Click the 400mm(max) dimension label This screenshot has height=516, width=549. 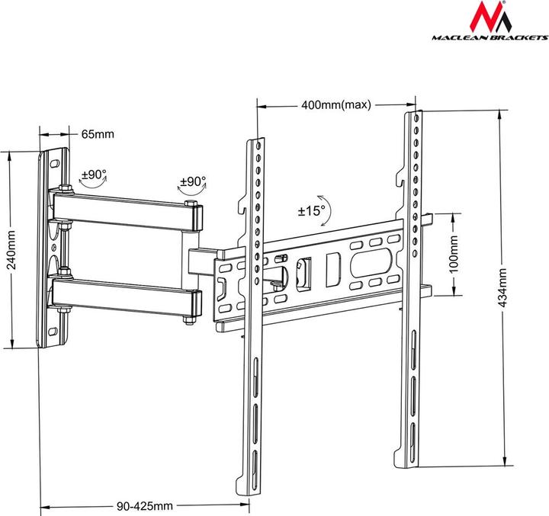(x=336, y=105)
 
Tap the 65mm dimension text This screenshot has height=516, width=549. (x=98, y=134)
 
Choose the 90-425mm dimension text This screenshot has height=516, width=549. (x=146, y=505)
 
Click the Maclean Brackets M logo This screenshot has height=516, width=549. (x=485, y=18)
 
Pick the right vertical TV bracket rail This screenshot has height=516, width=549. (x=412, y=290)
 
